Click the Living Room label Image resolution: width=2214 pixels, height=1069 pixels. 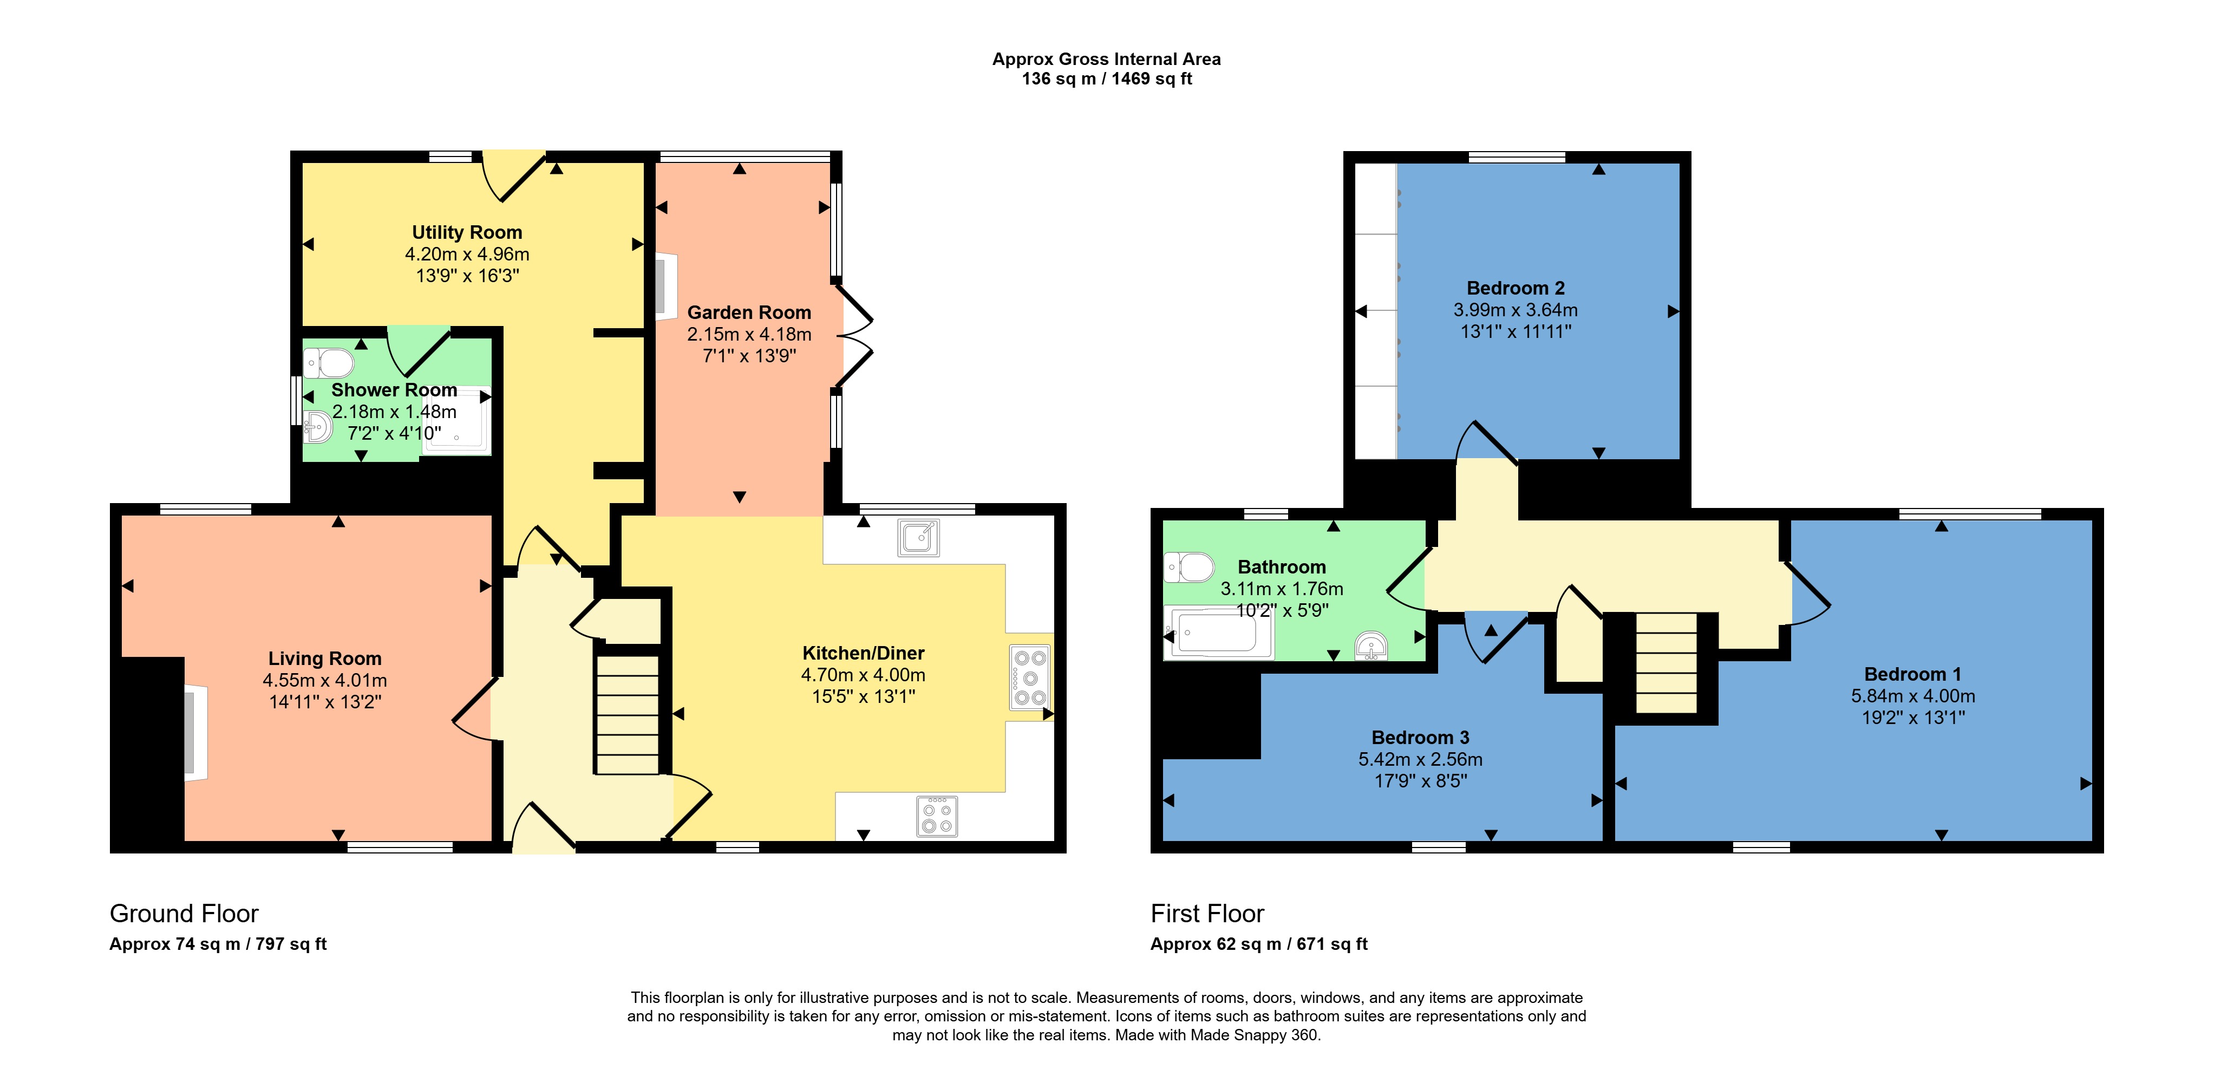point(325,659)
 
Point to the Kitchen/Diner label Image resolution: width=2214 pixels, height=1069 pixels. point(863,653)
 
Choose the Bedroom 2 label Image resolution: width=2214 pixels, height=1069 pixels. point(1515,288)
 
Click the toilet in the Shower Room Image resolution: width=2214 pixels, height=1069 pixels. point(328,363)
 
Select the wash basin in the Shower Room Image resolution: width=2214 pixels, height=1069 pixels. point(317,425)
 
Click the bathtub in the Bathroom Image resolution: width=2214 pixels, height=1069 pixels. point(1218,633)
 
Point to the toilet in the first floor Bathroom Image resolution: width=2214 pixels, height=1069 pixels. point(1188,567)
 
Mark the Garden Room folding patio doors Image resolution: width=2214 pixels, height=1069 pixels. point(854,335)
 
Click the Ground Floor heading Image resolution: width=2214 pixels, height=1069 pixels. point(184,914)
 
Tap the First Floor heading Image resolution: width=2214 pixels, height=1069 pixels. point(1207,914)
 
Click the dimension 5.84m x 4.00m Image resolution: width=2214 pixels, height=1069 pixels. point(1912,696)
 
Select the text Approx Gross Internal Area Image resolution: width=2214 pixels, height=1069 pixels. point(1106,59)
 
